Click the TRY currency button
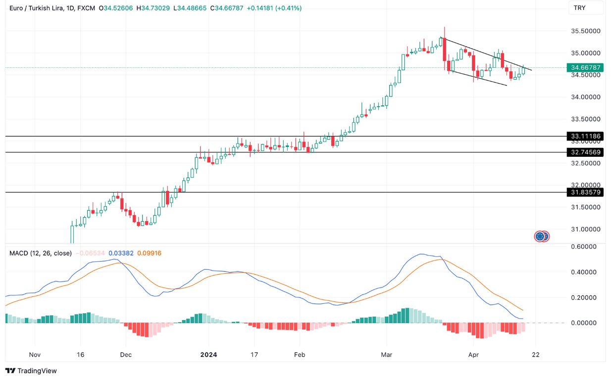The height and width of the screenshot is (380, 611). point(585,7)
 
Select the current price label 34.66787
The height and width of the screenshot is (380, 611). point(585,67)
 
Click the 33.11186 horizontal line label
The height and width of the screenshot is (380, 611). point(585,136)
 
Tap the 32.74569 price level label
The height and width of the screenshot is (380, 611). point(585,152)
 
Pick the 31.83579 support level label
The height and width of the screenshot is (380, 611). point(585,192)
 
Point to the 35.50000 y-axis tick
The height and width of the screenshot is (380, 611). point(586,31)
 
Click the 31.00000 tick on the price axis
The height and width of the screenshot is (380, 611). point(586,229)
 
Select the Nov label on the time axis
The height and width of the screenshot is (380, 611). point(35,355)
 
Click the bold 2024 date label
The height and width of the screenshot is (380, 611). point(208,355)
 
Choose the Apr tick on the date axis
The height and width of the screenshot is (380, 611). point(474,355)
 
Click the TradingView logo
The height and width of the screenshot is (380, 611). point(31,371)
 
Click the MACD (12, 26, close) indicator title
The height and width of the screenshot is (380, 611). point(41,253)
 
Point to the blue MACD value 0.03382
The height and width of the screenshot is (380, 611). point(120,253)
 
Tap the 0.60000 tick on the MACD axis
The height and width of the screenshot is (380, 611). point(586,246)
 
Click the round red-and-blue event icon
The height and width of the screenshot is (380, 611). point(542,237)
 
